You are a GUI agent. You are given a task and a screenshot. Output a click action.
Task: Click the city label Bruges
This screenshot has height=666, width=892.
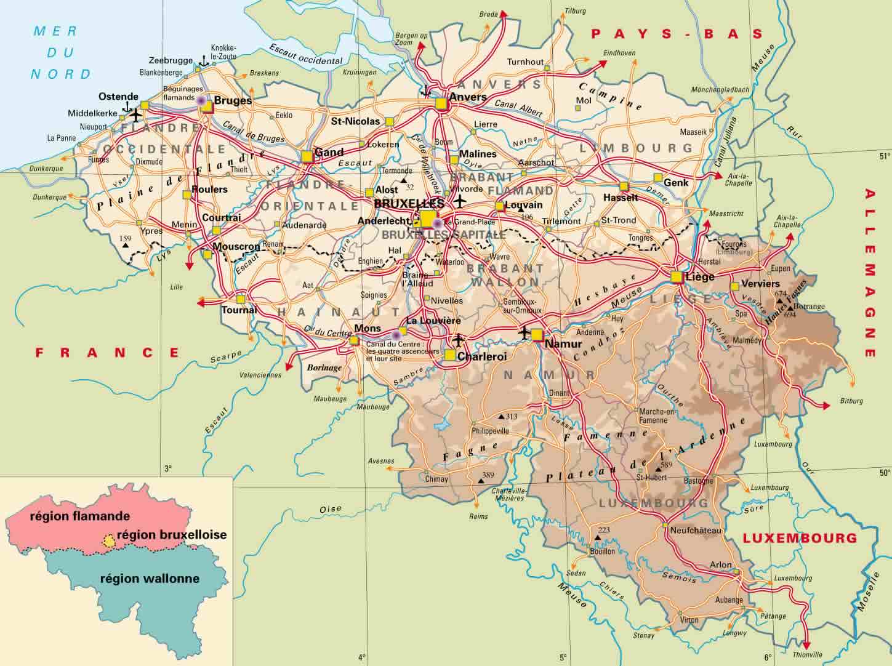coord(232,100)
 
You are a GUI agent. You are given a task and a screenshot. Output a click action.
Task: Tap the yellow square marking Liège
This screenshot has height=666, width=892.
coord(677,276)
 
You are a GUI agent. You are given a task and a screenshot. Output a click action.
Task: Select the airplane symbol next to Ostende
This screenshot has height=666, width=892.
coord(135,115)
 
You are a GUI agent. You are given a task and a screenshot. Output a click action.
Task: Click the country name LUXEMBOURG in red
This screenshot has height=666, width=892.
coord(799,537)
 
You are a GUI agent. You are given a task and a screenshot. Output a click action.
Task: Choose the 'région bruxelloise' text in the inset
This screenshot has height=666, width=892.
coord(171,535)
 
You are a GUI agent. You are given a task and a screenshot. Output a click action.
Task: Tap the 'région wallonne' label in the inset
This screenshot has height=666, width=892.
coord(150,579)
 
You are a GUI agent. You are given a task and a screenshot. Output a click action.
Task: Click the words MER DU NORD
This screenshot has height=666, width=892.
coord(60,52)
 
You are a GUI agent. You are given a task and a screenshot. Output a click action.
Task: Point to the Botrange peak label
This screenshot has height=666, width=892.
coord(810,306)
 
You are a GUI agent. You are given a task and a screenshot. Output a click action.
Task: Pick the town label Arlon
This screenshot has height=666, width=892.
coord(721,564)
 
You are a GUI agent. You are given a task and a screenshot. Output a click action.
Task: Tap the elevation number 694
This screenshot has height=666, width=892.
coord(790,314)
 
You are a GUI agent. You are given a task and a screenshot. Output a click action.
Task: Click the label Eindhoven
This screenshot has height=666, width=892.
coord(619,53)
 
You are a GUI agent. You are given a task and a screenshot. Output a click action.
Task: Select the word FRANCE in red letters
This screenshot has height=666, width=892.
coord(107,352)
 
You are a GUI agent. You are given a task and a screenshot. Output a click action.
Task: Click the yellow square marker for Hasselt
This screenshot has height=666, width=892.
coord(624,187)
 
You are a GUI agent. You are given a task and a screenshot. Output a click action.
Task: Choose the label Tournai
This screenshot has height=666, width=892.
coord(238,310)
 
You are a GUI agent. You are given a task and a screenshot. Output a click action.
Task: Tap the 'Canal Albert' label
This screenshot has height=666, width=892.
coord(518,108)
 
